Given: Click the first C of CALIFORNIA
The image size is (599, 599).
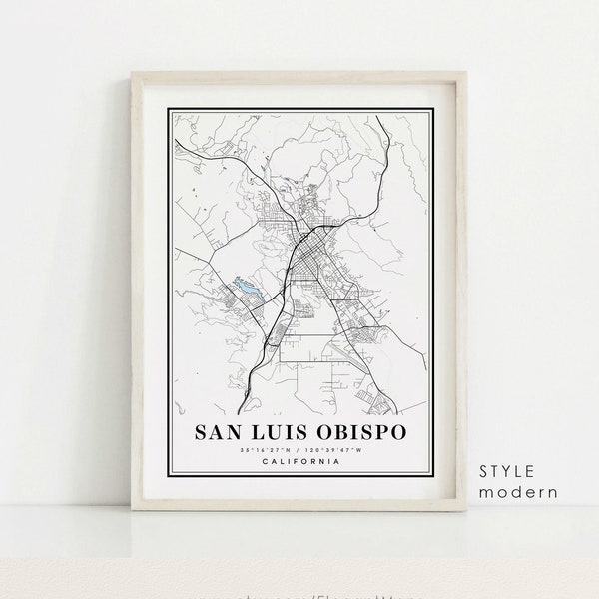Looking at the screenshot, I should pyautogui.click(x=262, y=461).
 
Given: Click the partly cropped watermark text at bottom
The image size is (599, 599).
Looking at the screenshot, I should pyautogui.click(x=299, y=594).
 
